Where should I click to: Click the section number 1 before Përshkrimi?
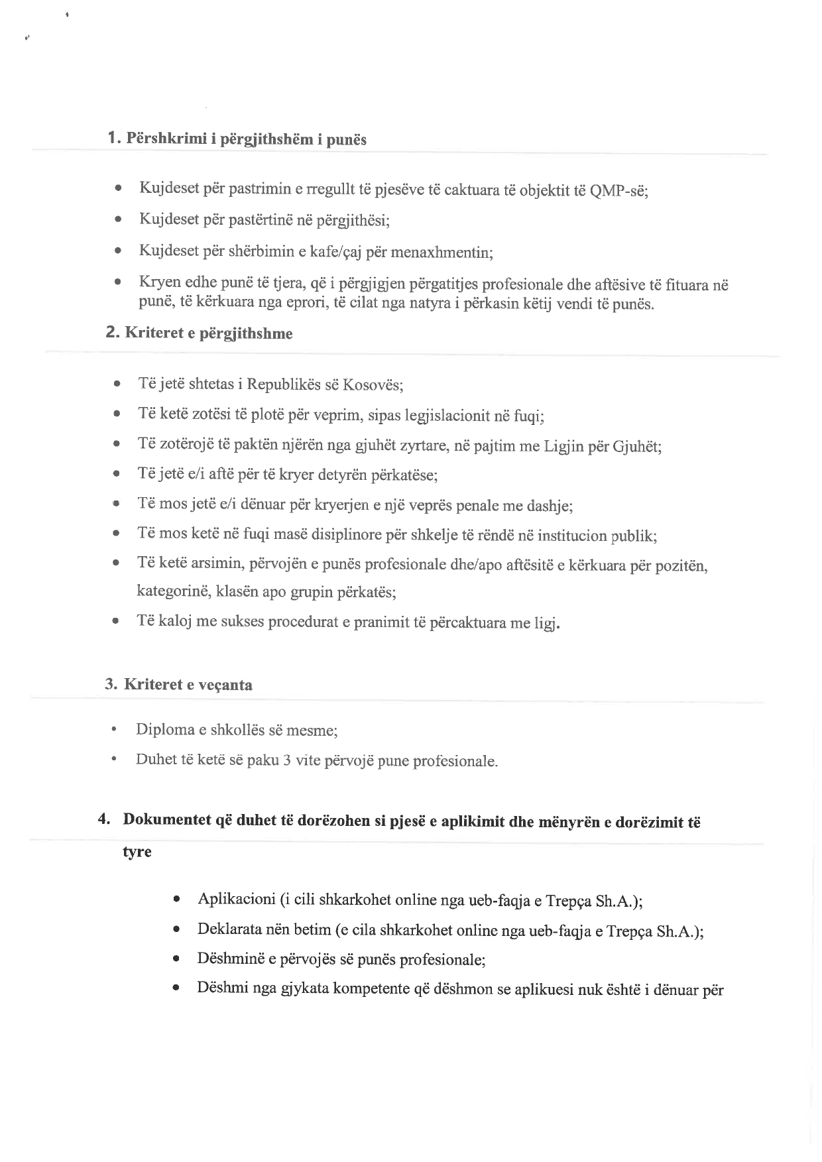112,138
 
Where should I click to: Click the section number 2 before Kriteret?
111,332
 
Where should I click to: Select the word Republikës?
280,384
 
